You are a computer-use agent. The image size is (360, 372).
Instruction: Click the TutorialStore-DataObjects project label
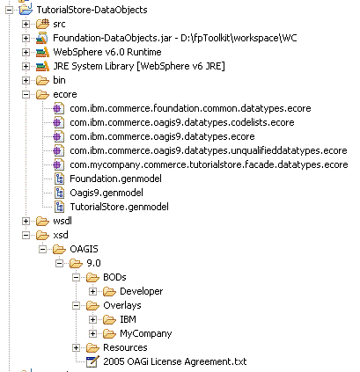(x=92, y=10)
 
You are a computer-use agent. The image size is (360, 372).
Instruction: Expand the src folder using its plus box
(x=26, y=24)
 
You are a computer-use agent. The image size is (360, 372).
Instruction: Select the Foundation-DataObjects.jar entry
(x=175, y=38)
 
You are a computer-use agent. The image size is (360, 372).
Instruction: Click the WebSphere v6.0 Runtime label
(x=107, y=52)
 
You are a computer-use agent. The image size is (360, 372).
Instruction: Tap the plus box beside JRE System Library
(x=26, y=66)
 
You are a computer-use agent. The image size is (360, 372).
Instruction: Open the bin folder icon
(x=42, y=80)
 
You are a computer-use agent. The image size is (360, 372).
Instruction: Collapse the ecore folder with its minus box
(x=26, y=94)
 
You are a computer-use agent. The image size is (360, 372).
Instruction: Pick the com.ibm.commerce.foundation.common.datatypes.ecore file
(x=190, y=108)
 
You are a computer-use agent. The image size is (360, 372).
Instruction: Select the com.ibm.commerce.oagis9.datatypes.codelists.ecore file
(x=182, y=122)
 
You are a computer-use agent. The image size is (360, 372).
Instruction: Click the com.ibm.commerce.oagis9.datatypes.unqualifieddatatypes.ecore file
(x=209, y=150)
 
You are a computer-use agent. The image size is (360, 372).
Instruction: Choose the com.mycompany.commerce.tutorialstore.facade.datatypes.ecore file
(x=209, y=164)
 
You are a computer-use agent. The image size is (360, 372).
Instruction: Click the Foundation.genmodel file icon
(x=59, y=179)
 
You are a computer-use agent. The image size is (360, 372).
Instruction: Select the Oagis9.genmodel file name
(x=107, y=193)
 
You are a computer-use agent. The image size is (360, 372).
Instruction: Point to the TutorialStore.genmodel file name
(x=119, y=207)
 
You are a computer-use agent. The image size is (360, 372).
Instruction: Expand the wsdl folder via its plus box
(x=26, y=221)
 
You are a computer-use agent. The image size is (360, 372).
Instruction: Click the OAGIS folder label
(x=84, y=249)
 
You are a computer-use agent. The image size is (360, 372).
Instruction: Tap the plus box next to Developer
(x=92, y=291)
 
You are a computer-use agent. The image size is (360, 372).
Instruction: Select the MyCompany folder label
(x=146, y=333)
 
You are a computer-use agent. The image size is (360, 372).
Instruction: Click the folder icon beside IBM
(x=109, y=319)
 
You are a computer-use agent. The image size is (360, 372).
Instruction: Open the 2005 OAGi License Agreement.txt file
(x=175, y=361)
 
